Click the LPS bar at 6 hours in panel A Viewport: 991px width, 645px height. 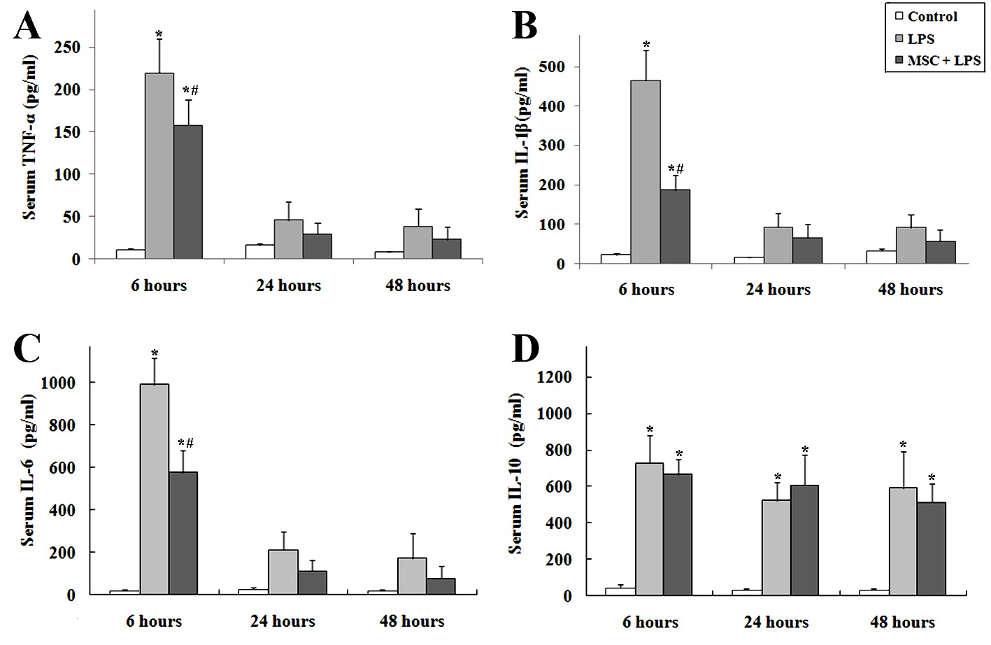tap(159, 166)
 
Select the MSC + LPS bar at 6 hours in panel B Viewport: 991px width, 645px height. tap(675, 227)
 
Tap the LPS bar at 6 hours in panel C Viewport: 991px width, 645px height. tap(155, 489)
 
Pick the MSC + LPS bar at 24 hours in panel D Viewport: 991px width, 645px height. tap(804, 540)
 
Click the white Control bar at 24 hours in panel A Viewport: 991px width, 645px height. tap(260, 252)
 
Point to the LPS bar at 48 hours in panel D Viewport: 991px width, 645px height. tap(903, 541)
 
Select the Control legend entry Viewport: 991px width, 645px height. tap(926, 16)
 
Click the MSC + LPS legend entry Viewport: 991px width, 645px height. tap(938, 60)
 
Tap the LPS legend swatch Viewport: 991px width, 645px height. tap(899, 39)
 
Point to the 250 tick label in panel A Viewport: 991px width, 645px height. tap(67, 48)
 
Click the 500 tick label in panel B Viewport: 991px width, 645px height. tap(552, 66)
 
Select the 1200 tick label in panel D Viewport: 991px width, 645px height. tap(554, 377)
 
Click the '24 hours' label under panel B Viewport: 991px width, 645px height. tap(778, 290)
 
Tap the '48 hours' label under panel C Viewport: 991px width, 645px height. tap(412, 621)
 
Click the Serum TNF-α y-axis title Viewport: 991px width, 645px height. tap(31, 138)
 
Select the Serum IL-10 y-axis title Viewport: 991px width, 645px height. tap(516, 474)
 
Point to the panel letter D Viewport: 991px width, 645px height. tap(525, 348)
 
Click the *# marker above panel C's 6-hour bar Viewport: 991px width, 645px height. tap(186, 443)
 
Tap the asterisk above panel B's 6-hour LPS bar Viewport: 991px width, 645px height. tap(646, 45)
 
